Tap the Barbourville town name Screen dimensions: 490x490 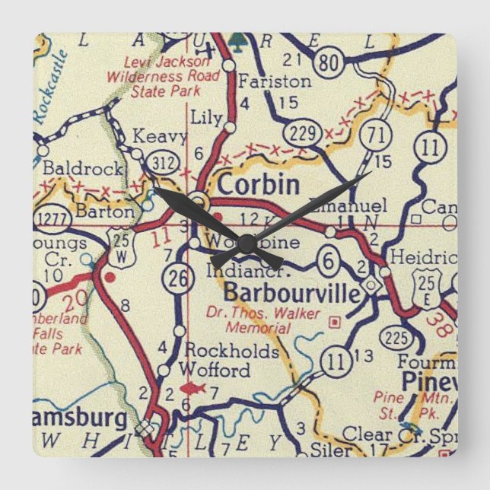click(x=292, y=291)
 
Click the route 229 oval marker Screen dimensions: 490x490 click(x=303, y=135)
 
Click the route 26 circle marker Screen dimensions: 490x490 click(x=177, y=280)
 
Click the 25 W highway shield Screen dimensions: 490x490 click(x=119, y=237)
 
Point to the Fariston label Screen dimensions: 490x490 click(x=264, y=81)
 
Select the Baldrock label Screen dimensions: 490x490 click(x=73, y=167)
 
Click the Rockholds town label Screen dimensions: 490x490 click(x=231, y=352)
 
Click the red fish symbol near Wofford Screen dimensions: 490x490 click(x=189, y=390)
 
